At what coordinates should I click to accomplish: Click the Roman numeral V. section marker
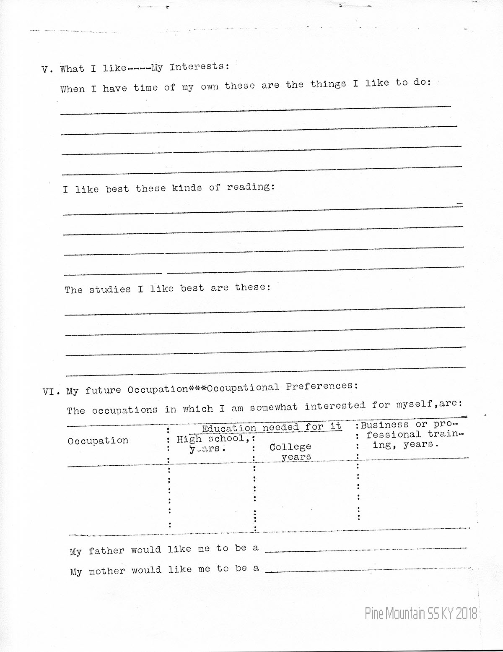click(47, 70)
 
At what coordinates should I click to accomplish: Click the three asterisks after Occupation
click(197, 389)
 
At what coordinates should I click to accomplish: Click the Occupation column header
click(98, 441)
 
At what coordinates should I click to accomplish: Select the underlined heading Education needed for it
click(272, 428)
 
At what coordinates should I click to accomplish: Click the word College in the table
click(290, 447)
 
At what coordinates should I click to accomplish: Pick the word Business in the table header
click(384, 425)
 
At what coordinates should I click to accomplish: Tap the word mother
click(107, 571)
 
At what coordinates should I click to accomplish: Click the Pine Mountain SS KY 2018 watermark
click(421, 614)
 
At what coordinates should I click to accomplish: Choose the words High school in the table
click(210, 439)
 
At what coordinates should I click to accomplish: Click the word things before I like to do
click(328, 84)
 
